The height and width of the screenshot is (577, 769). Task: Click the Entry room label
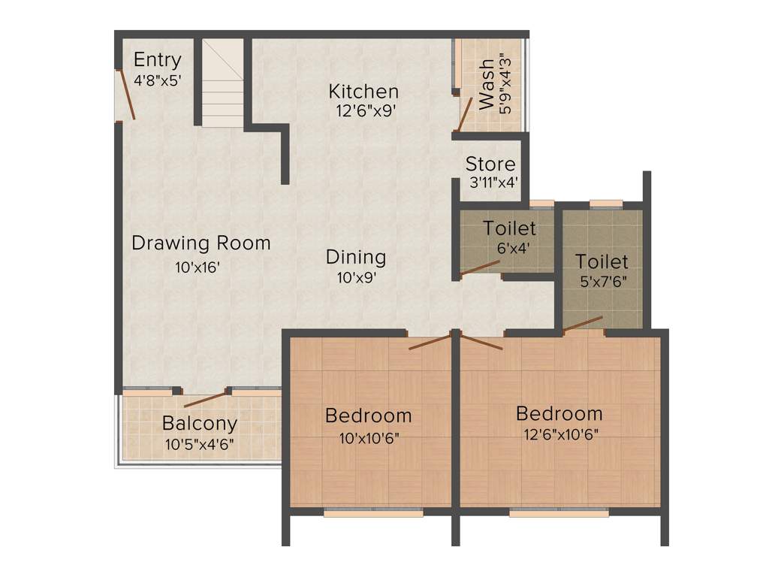tap(157, 60)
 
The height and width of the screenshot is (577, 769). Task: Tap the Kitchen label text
tap(363, 92)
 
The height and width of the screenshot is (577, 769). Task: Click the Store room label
tap(490, 164)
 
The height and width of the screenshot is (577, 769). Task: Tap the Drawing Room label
tap(201, 243)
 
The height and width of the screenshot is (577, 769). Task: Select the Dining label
tap(355, 257)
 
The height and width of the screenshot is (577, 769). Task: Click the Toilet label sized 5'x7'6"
tap(602, 261)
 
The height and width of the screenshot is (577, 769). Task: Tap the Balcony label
tap(200, 424)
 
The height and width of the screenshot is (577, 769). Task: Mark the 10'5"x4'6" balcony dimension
tap(199, 443)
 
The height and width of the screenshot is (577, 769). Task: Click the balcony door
tap(205, 399)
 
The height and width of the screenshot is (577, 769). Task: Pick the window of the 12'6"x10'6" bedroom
tap(559, 513)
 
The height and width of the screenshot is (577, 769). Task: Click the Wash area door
tap(466, 114)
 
